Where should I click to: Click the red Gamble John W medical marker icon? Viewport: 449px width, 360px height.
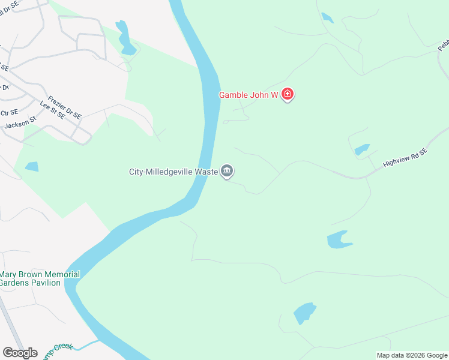pyautogui.click(x=288, y=95)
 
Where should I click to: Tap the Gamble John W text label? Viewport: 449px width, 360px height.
pyautogui.click(x=248, y=95)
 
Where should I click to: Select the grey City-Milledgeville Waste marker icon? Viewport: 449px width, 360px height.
pyautogui.click(x=227, y=172)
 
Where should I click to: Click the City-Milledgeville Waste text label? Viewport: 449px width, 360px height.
pyautogui.click(x=173, y=172)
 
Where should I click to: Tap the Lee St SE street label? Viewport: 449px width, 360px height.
pyautogui.click(x=52, y=111)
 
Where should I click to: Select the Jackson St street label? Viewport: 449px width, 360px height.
pyautogui.click(x=20, y=124)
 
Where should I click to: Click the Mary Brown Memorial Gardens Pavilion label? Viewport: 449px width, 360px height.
pyautogui.click(x=40, y=278)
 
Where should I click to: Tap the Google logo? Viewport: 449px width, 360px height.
pyautogui.click(x=20, y=353)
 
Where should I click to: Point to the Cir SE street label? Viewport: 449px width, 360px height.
pyautogui.click(x=10, y=112)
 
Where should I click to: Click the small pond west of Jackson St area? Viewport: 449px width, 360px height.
pyautogui.click(x=31, y=166)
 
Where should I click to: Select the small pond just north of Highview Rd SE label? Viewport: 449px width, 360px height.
pyautogui.click(x=362, y=149)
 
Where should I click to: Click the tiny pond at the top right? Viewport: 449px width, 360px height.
pyautogui.click(x=327, y=17)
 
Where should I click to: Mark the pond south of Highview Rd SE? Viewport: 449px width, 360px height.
pyautogui.click(x=338, y=239)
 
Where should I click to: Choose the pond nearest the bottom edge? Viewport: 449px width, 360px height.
pyautogui.click(x=304, y=313)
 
